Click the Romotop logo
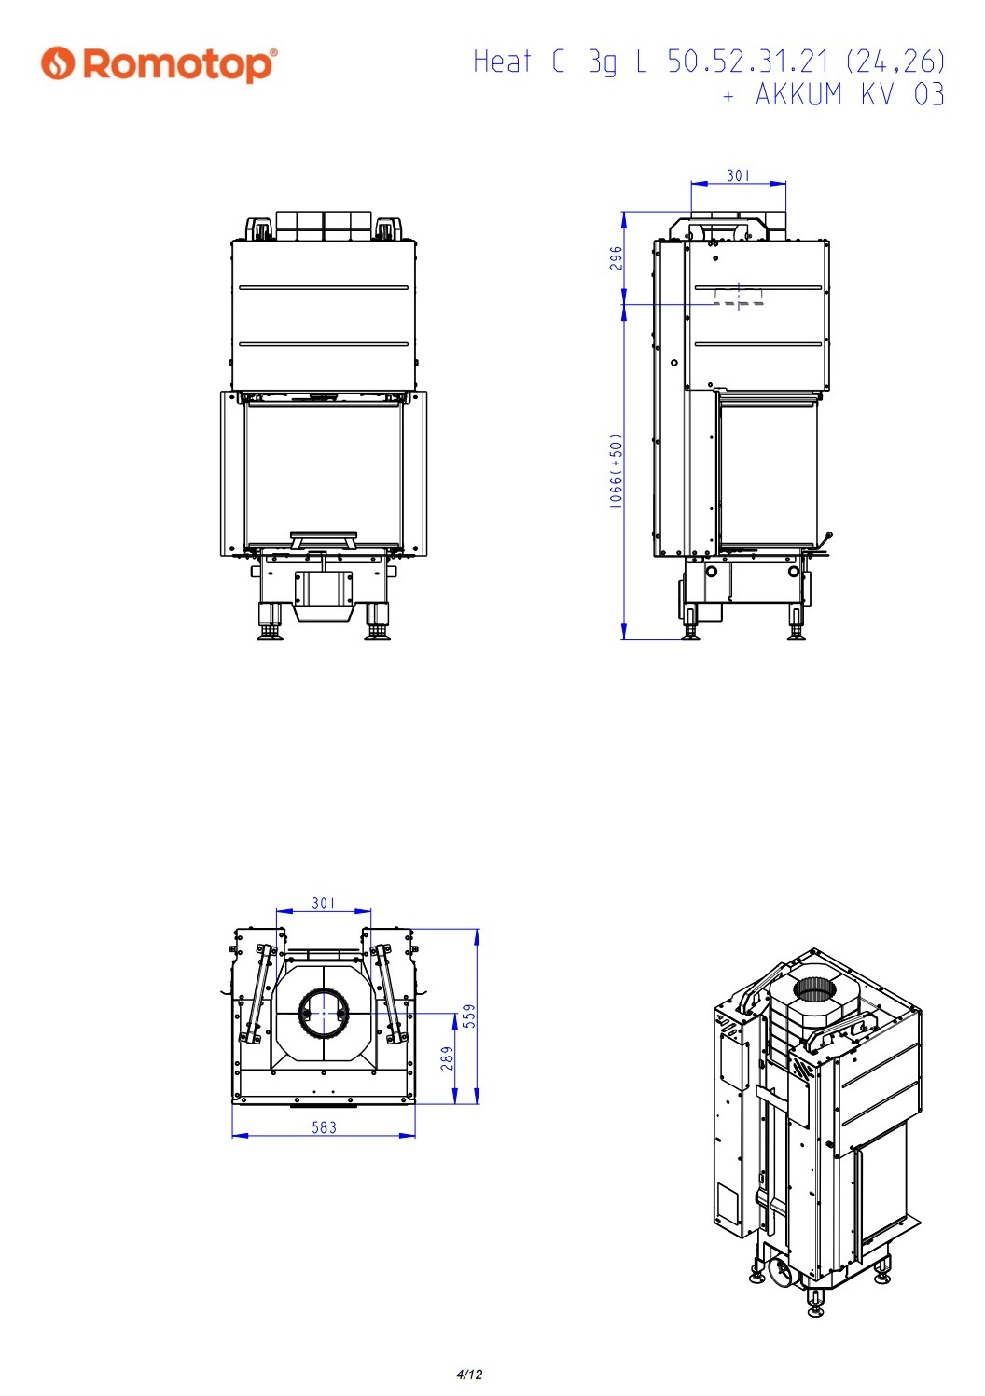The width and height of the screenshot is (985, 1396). point(159,64)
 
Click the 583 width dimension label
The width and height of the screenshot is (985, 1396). point(325,1127)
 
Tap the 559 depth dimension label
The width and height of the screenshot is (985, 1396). point(470,1016)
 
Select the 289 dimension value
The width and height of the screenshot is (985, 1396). point(447,1058)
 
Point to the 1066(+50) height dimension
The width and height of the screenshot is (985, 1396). point(616,471)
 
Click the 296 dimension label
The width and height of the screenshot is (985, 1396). point(616,258)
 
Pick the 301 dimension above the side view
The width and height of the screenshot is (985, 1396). point(738,175)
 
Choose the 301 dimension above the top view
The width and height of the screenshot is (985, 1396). point(324,903)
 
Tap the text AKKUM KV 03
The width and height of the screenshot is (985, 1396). point(850,94)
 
